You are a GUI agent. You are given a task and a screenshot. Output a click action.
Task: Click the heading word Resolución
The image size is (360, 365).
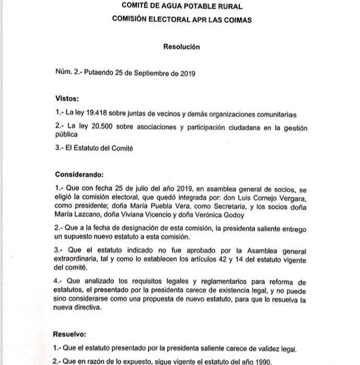point(181,47)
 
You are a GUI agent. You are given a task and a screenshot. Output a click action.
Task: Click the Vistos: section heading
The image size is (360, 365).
point(67,98)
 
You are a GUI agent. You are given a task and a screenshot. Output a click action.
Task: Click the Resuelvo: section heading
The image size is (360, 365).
point(71,333)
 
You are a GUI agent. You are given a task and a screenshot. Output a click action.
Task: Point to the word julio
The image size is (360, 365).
point(133,187)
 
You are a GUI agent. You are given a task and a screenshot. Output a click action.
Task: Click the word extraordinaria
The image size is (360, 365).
point(78,259)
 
